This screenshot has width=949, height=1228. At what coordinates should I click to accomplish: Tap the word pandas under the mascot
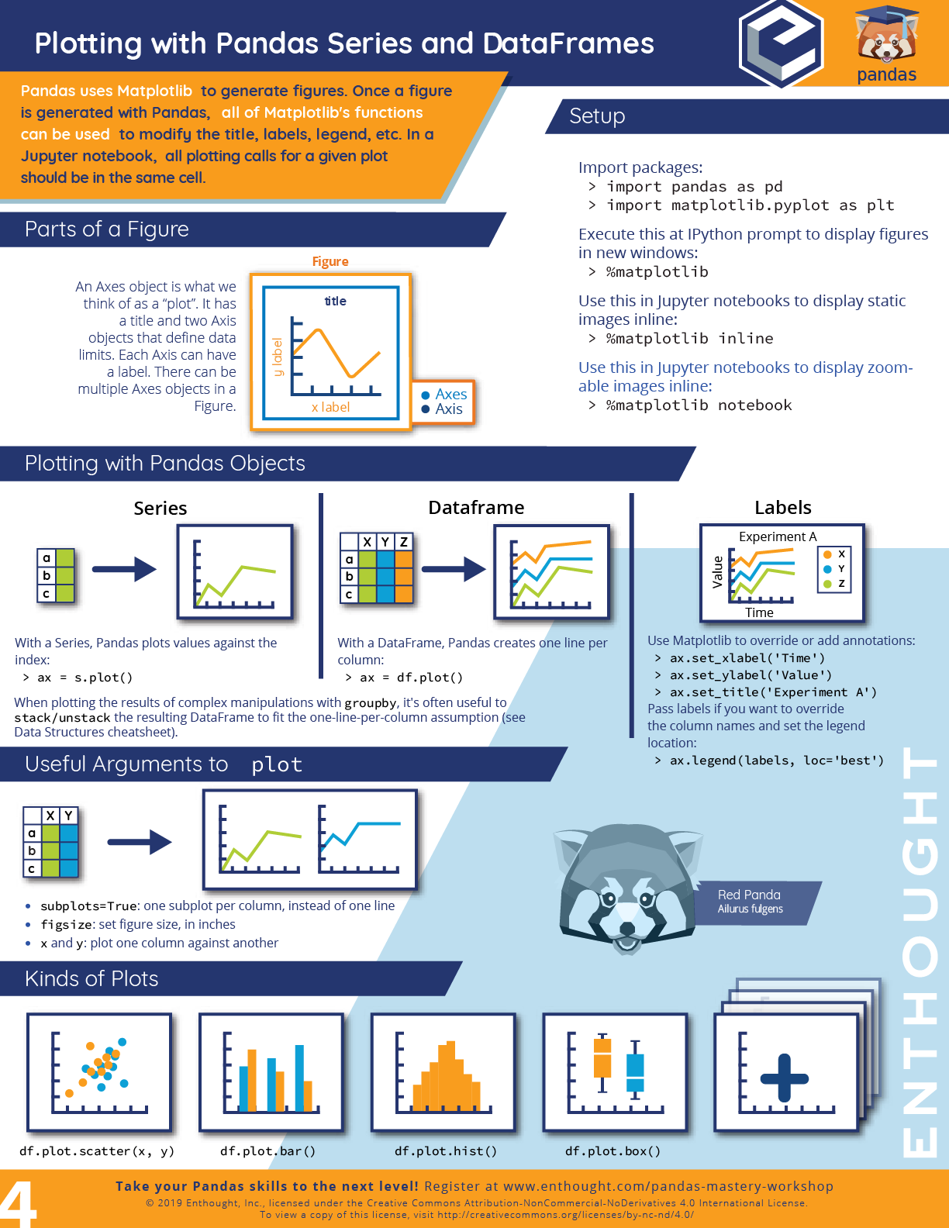pos(886,74)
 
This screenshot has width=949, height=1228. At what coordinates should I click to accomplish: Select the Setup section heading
pos(597,116)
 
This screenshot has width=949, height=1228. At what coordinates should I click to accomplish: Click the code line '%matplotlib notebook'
pos(699,405)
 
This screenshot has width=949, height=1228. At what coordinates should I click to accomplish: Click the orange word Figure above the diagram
pos(330,262)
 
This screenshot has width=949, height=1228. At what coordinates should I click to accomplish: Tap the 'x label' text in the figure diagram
pos(330,407)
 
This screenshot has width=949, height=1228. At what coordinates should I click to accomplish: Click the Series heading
pos(160,509)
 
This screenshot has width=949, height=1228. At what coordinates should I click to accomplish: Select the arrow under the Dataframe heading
pos(454,569)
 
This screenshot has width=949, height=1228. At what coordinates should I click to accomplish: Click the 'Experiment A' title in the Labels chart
pos(778,536)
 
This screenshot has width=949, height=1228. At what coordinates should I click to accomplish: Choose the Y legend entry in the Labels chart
pos(836,569)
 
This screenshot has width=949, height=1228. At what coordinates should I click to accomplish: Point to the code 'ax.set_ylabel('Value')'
pos(751,675)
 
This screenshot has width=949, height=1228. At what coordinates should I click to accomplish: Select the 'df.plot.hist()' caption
pos(446,1151)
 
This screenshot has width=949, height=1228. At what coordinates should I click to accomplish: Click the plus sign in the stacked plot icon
pos(784,1078)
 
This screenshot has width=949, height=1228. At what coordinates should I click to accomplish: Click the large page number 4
pos(19,1204)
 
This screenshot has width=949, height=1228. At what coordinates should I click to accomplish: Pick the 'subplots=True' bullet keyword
pos(89,906)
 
